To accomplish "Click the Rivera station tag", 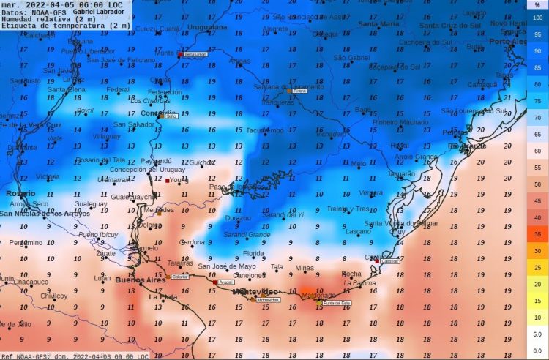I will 299,91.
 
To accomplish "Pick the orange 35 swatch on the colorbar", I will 537,234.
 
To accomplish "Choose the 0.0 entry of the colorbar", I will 537,351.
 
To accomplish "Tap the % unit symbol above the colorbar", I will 537,5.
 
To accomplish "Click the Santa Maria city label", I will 378,24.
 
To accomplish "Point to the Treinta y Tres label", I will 348,209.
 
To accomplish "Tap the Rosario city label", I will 20,193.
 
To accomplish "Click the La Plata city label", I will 163,297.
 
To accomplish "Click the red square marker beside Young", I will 167,181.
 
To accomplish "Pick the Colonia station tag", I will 179,277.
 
